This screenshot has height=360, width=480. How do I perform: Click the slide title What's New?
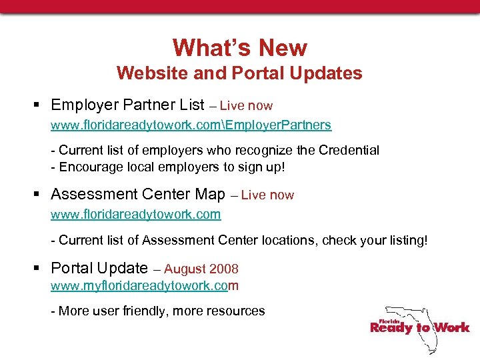[240, 48]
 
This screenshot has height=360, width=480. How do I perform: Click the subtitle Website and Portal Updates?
[239, 73]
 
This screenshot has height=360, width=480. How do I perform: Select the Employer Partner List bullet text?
[127, 105]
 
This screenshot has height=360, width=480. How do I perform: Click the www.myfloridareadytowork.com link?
[145, 286]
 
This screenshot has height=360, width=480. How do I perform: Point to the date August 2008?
[201, 269]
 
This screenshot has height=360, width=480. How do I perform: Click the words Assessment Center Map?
[138, 195]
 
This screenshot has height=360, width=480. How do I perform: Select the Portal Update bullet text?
[99, 268]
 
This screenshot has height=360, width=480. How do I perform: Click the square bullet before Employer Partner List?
[39, 105]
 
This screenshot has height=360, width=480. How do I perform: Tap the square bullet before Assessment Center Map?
[39, 195]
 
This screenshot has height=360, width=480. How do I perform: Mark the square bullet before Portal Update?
[39, 269]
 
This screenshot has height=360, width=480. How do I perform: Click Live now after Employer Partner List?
[246, 106]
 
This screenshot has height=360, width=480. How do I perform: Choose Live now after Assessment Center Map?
[267, 195]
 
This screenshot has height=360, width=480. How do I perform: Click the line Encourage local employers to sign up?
[168, 167]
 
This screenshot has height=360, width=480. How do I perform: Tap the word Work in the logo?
[452, 327]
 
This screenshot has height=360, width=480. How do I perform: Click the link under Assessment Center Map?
[136, 215]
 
